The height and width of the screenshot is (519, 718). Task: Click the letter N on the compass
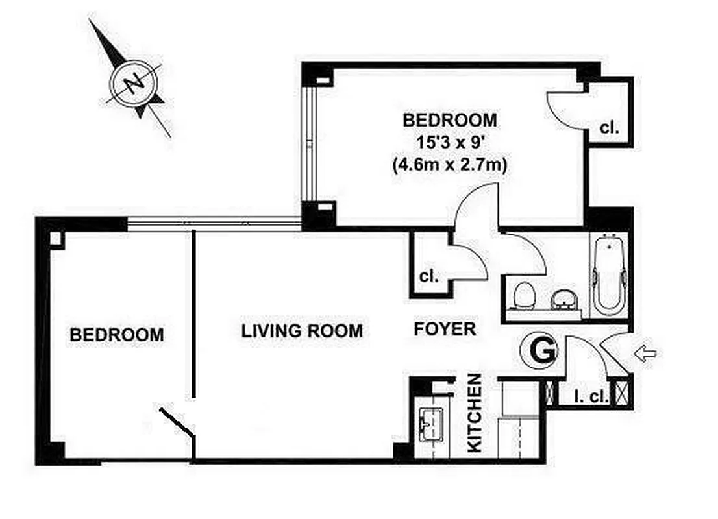coord(135,83)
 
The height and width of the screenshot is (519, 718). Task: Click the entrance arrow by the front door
coord(645,354)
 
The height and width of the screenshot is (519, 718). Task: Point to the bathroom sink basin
coord(563,300)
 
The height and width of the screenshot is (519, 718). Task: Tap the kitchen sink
coord(430,425)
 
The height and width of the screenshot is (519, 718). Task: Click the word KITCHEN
coord(475,413)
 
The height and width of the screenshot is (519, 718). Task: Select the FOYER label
coord(445,330)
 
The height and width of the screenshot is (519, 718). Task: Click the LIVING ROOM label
coord(302,331)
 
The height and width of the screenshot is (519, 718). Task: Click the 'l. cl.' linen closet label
coord(591,396)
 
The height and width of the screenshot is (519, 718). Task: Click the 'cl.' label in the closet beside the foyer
coord(428,276)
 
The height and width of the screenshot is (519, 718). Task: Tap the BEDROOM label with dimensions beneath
coord(450,120)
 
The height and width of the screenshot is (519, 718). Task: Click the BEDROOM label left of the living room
coord(117,335)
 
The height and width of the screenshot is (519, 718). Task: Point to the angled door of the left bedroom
coord(177,422)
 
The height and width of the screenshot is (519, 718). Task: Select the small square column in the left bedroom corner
coord(56,239)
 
